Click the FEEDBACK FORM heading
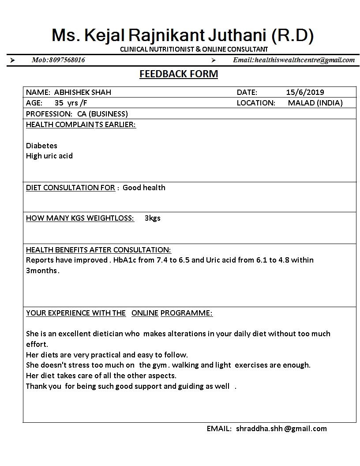pos(179,74)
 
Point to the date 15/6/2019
pos(305,92)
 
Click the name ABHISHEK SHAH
pos(82,92)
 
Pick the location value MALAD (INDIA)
pos(315,103)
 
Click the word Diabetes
pos(41,145)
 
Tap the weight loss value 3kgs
pos(152,218)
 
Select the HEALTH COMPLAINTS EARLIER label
pos(81,124)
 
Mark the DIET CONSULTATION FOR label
pos(71,188)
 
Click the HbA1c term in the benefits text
pos(124,260)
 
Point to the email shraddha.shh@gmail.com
pos(281,428)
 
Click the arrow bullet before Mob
pos(12,60)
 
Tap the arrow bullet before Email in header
pos(213,60)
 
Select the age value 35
pos(59,103)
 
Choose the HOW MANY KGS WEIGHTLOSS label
pos(80,218)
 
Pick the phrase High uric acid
pos(49,156)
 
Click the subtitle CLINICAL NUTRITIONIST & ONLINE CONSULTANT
pos(194,49)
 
